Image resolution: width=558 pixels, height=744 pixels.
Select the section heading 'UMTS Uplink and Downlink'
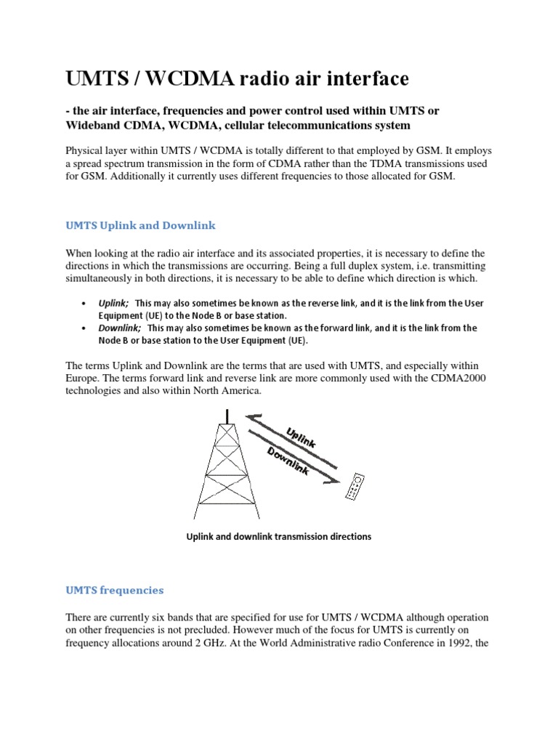140,226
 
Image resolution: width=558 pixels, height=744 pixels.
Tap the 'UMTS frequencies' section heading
115,589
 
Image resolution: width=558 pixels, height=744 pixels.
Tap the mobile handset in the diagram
355,488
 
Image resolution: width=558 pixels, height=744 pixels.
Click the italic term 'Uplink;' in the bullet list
114,302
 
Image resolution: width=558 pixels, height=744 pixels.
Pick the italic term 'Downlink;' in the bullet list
120,328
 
